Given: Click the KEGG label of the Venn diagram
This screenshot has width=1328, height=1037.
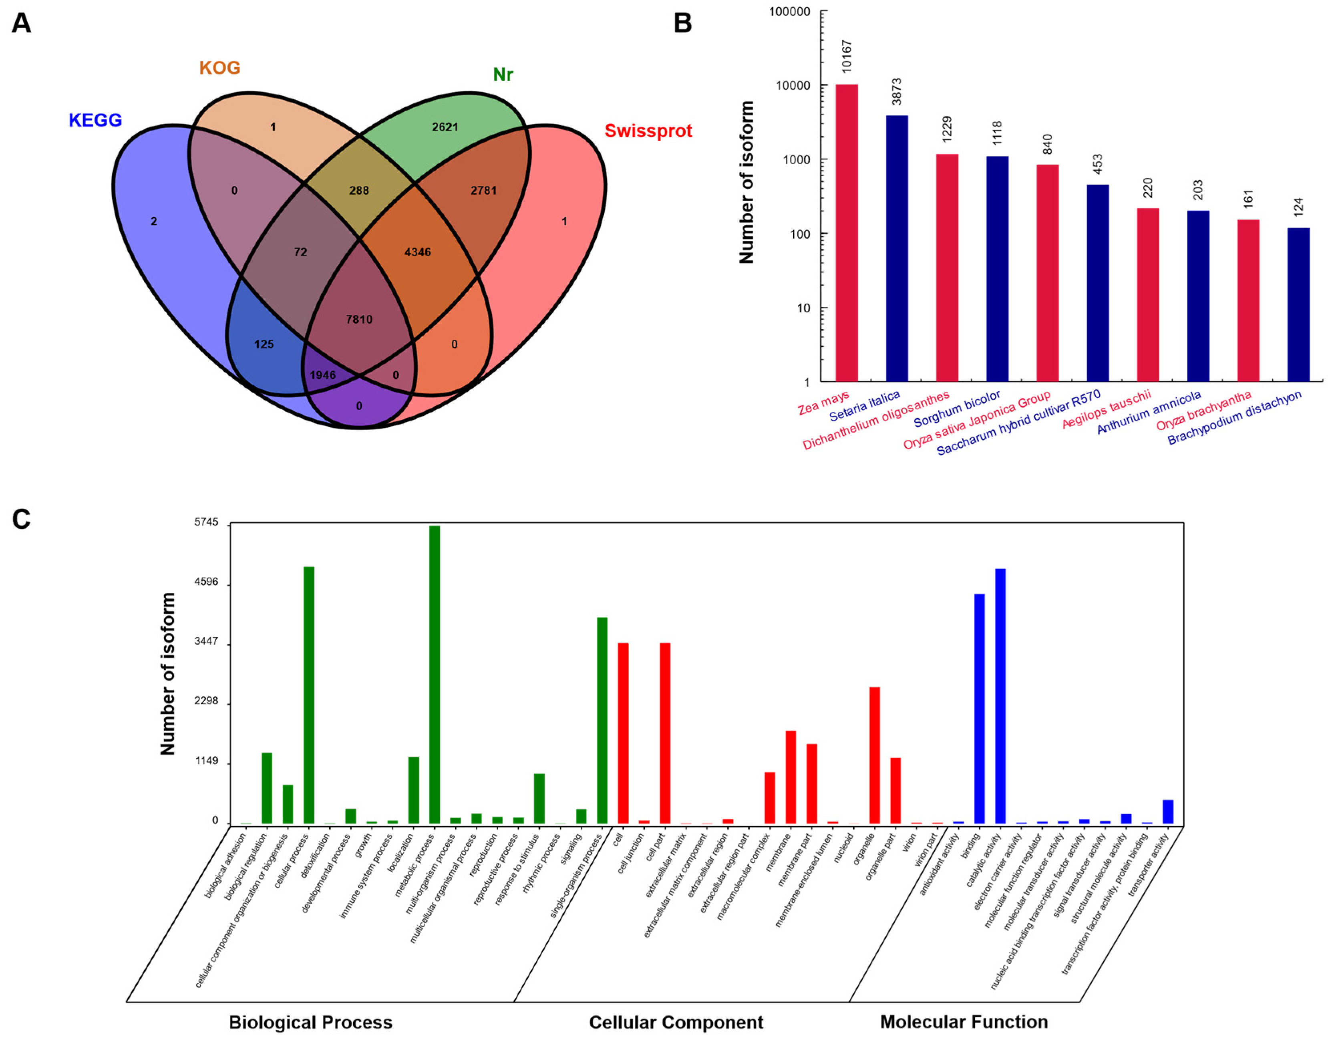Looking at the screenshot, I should pyautogui.click(x=95, y=120).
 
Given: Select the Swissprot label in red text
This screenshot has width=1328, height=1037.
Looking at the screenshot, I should pyautogui.click(x=648, y=131).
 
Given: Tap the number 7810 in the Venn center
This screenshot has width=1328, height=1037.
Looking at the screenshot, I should pyautogui.click(x=359, y=319).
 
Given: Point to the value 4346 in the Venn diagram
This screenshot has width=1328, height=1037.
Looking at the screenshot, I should pyautogui.click(x=418, y=252).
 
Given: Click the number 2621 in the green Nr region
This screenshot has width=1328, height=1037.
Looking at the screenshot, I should pyautogui.click(x=445, y=127).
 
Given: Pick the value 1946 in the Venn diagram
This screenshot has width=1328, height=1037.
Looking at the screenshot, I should pyautogui.click(x=322, y=375).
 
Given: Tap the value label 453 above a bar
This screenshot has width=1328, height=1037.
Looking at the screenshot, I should pyautogui.click(x=1098, y=163).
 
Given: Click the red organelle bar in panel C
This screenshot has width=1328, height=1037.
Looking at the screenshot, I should pyautogui.click(x=874, y=755).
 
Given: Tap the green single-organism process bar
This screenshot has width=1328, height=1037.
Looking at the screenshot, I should pyautogui.click(x=602, y=720).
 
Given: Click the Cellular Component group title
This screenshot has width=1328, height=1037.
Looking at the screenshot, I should pyautogui.click(x=676, y=1023).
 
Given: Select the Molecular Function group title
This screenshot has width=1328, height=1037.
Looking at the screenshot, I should pyautogui.click(x=964, y=1022).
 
